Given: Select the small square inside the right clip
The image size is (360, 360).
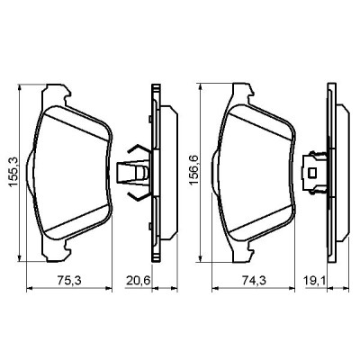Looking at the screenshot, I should (x=313, y=167).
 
